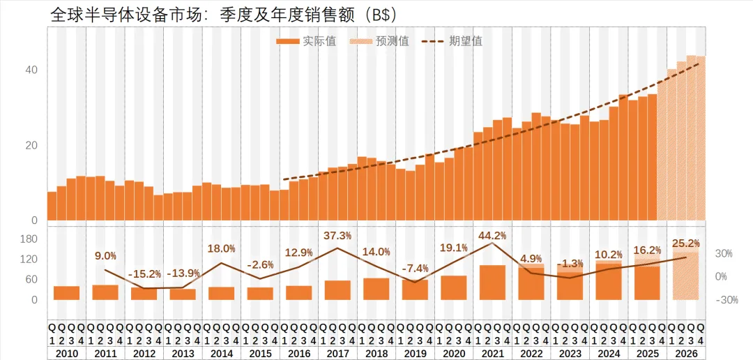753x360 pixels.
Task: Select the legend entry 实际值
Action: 306,41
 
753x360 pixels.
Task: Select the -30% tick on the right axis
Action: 727,300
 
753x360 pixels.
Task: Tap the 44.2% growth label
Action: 492,235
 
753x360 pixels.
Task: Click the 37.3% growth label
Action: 337,235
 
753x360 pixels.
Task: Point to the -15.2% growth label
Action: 144,273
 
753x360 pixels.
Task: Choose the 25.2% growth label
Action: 686,243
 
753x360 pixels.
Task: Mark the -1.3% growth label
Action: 570,263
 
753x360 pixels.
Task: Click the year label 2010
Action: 66,354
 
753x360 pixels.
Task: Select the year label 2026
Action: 686,354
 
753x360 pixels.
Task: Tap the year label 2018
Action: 376,354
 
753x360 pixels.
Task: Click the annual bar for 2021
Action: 492,283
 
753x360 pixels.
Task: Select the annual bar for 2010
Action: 66,293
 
